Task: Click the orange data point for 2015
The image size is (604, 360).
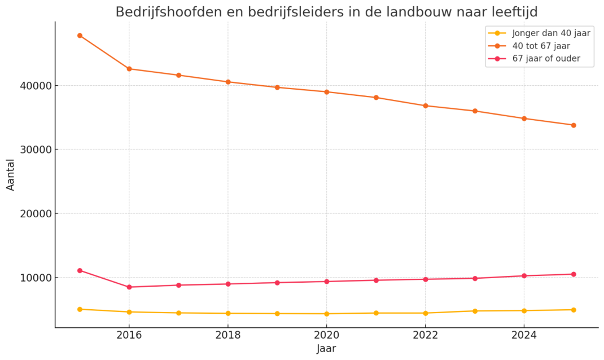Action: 80,36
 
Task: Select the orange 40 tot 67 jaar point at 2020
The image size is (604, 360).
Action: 327,92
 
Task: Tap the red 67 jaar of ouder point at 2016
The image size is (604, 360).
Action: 129,287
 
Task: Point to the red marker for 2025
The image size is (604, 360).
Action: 574,274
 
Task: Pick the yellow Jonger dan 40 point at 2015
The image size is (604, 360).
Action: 80,309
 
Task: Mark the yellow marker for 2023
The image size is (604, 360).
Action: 475,311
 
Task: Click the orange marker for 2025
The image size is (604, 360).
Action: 574,125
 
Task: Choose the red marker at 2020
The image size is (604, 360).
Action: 327,282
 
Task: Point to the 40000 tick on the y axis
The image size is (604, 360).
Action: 36,86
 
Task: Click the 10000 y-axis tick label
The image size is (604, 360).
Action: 36,278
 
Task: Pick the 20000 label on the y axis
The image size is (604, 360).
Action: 36,214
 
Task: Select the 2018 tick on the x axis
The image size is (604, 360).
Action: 228,335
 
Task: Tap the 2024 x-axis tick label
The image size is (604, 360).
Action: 524,335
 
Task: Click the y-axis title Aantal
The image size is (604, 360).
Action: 10,175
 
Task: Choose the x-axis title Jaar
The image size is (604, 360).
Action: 327,349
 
